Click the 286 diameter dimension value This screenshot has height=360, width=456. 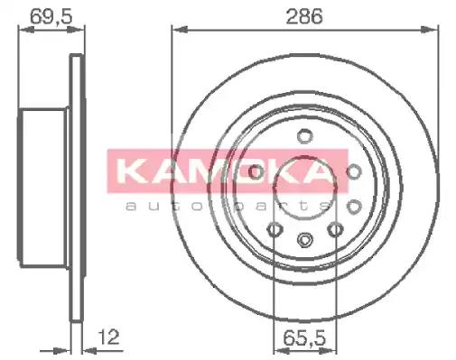(308, 15)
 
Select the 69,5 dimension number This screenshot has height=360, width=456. (43, 15)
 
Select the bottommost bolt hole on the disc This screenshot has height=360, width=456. (306, 241)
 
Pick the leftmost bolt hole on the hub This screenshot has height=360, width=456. (256, 171)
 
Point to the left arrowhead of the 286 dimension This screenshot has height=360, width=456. (177, 31)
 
